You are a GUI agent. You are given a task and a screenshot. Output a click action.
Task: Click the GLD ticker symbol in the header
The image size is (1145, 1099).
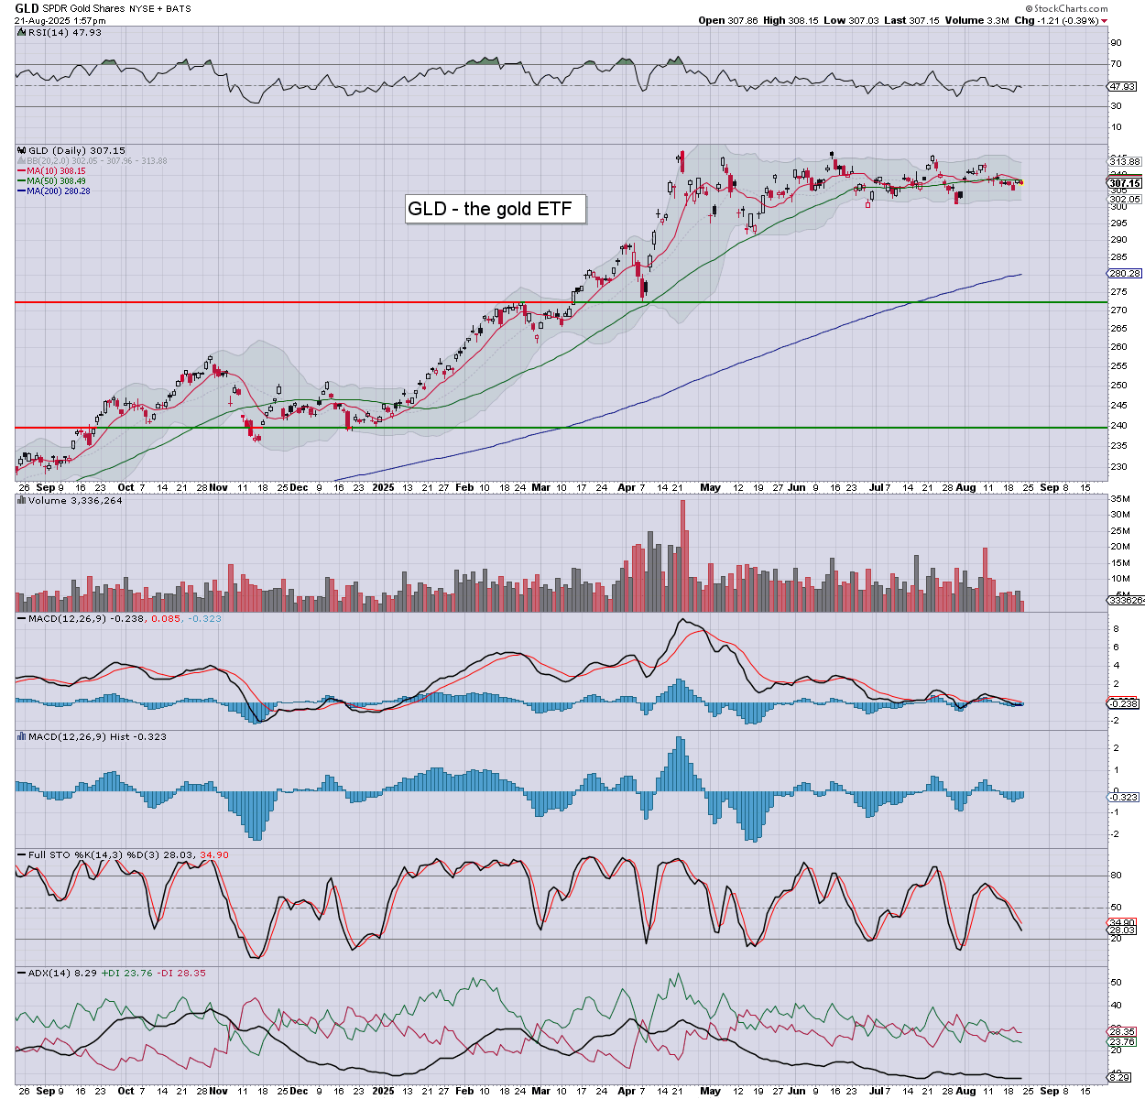27,7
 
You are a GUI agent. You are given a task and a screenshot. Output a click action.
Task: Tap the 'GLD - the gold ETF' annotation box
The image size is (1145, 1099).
495,209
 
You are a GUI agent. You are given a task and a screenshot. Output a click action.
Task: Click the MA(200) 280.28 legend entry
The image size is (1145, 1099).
58,190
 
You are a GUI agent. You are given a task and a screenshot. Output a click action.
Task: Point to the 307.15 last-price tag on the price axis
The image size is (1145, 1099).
1124,183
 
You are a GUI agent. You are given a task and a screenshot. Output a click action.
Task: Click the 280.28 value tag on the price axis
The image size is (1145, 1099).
1124,273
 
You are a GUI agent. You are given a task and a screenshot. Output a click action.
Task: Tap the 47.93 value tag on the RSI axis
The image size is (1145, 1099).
1122,87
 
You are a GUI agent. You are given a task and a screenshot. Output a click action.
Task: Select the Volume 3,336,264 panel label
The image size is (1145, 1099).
75,501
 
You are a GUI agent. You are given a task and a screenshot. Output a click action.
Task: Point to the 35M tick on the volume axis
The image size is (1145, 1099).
1119,498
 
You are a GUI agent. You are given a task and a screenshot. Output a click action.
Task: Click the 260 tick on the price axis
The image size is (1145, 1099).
1118,347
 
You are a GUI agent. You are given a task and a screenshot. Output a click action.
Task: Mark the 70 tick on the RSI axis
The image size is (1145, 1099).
1116,64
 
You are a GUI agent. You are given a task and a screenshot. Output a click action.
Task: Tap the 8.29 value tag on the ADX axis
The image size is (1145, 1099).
1121,1077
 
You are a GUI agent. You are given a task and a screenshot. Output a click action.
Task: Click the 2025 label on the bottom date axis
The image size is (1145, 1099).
383,1091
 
